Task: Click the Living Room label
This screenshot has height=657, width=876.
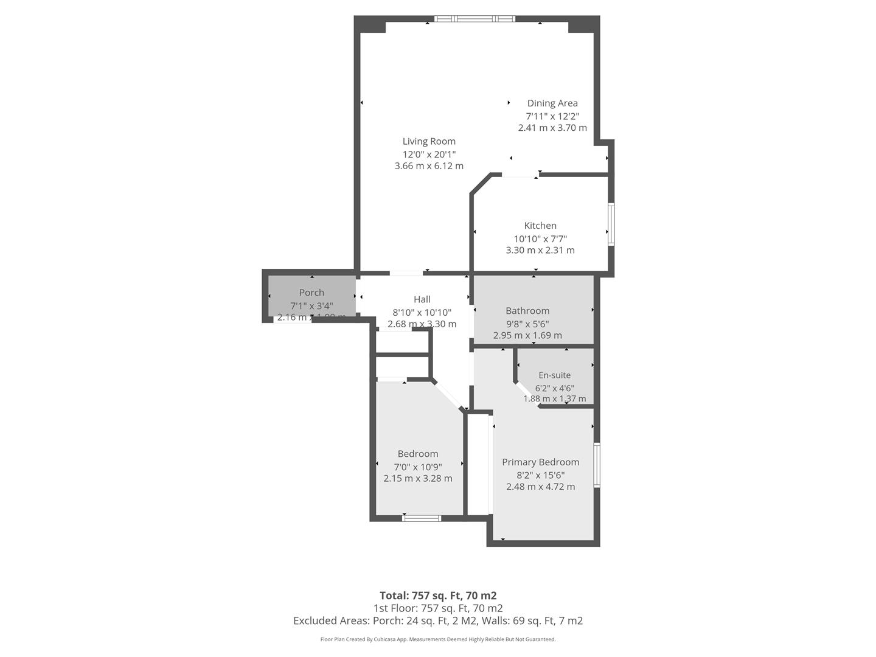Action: pyautogui.click(x=429, y=141)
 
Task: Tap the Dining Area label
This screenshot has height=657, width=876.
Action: pyautogui.click(x=552, y=103)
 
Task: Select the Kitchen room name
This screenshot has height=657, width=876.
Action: pyautogui.click(x=540, y=225)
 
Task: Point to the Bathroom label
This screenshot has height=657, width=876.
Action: pyautogui.click(x=527, y=310)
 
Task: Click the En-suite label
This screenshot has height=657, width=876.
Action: pyautogui.click(x=555, y=375)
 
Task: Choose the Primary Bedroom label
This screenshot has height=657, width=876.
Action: pyautogui.click(x=540, y=462)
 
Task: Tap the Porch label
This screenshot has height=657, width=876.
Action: pyautogui.click(x=311, y=293)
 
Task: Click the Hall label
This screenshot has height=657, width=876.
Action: pyautogui.click(x=422, y=299)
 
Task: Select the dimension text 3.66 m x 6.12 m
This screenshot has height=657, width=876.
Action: pyautogui.click(x=429, y=165)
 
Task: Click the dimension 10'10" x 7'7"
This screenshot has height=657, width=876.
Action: pyautogui.click(x=540, y=238)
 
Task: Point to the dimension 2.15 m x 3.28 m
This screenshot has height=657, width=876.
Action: pyautogui.click(x=418, y=478)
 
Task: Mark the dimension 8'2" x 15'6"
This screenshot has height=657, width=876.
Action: pyautogui.click(x=540, y=474)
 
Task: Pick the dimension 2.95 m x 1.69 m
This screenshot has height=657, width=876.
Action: pyautogui.click(x=527, y=335)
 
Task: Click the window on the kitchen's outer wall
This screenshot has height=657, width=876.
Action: pyautogui.click(x=611, y=224)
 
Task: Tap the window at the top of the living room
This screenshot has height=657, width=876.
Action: pyautogui.click(x=474, y=19)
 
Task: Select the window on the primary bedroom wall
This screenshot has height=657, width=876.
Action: pyautogui.click(x=597, y=465)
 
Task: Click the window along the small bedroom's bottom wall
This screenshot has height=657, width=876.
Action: pyautogui.click(x=422, y=518)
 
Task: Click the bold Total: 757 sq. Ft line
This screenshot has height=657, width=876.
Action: pyautogui.click(x=438, y=596)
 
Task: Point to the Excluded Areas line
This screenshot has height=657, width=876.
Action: pyautogui.click(x=438, y=620)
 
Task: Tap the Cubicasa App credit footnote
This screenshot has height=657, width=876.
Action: pyautogui.click(x=438, y=639)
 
